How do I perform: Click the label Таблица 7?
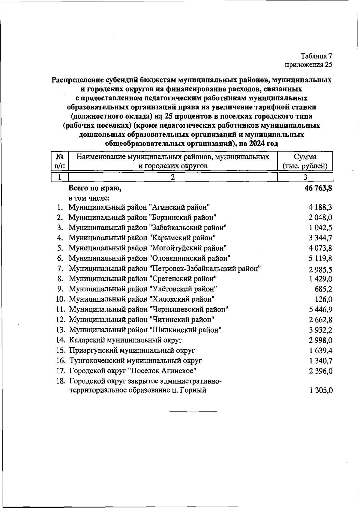[316, 56]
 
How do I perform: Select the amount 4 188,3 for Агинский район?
[320, 207]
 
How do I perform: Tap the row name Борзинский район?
[142, 217]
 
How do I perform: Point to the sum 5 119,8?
[320, 258]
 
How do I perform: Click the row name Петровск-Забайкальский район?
[164, 268]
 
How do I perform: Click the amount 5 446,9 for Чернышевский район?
[320, 310]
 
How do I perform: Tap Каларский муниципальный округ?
[126, 340]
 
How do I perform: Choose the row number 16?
[61, 361]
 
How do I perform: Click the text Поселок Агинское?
[162, 371]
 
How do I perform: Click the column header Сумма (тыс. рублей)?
[305, 161]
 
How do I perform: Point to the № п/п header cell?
[60, 161]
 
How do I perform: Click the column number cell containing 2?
[173, 177]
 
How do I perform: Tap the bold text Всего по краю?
[95, 188]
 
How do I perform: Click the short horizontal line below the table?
[193, 411]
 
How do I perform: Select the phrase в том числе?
[89, 198]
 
